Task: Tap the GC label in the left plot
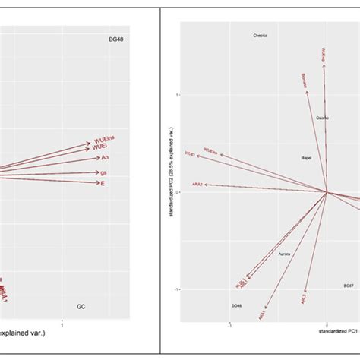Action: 81,307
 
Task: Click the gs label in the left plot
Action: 103,172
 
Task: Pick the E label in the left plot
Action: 103,184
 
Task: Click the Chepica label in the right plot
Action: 261,36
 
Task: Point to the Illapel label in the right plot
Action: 308,157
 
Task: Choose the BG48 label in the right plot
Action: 236,305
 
